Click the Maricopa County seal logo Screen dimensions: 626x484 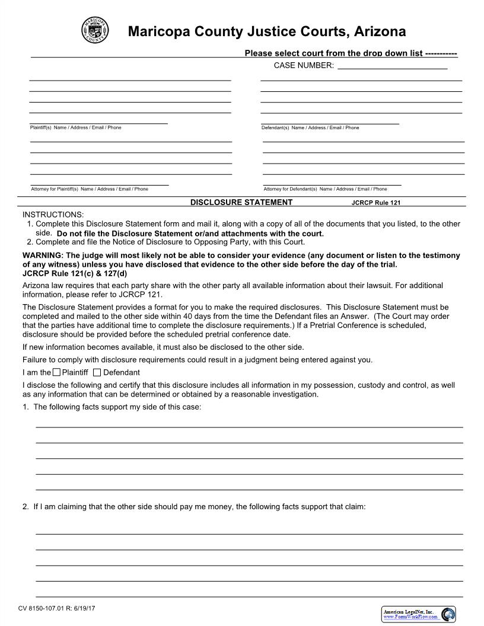point(95,30)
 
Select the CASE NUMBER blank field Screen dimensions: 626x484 point(392,65)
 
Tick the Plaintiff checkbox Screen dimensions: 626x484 point(56,372)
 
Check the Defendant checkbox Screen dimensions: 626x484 point(97,372)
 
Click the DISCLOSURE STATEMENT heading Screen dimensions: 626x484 point(241,202)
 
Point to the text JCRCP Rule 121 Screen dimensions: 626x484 point(375,203)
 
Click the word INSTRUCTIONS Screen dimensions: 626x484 point(53,214)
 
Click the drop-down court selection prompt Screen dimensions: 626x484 point(351,53)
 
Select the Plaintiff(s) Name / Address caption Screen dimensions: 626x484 point(75,127)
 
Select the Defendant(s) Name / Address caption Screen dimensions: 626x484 point(310,127)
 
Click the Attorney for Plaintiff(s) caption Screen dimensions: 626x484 point(89,189)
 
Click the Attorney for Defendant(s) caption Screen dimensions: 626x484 point(325,189)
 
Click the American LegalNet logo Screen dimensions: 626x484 point(419,614)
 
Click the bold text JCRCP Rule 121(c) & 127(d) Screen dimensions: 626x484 point(74,273)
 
